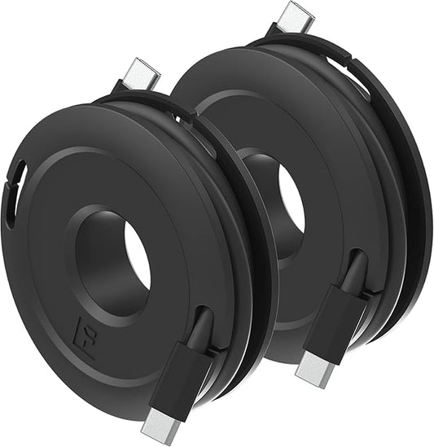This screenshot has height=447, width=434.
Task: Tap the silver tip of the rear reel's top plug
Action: pyautogui.click(x=296, y=16)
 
